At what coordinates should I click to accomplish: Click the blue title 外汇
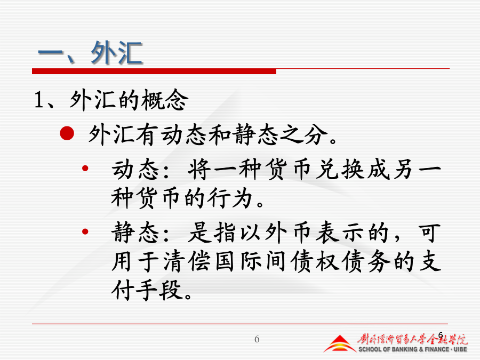pos(117,53)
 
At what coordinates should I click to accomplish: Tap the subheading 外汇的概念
pos(129,100)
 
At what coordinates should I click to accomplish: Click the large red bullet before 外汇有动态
pos(67,133)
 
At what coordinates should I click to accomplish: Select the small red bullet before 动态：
pos(85,168)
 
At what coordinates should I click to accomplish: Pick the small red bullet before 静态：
pos(85,232)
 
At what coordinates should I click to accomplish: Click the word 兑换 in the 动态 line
pos(340,169)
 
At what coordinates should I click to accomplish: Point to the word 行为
pos(230,198)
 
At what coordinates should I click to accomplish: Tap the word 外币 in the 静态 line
pos(288,233)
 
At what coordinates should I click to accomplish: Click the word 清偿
pos(187,262)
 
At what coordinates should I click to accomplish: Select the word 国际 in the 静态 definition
pos(238,262)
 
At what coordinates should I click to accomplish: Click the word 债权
pos(315,262)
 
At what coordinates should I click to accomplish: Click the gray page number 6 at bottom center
pos(257,339)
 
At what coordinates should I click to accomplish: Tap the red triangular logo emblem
pos(340,344)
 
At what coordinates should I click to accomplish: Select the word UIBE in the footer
pos(460,349)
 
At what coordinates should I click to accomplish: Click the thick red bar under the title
pos(154,71)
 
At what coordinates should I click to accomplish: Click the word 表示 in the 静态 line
pos(340,233)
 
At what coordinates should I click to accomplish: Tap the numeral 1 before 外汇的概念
pos(38,100)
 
